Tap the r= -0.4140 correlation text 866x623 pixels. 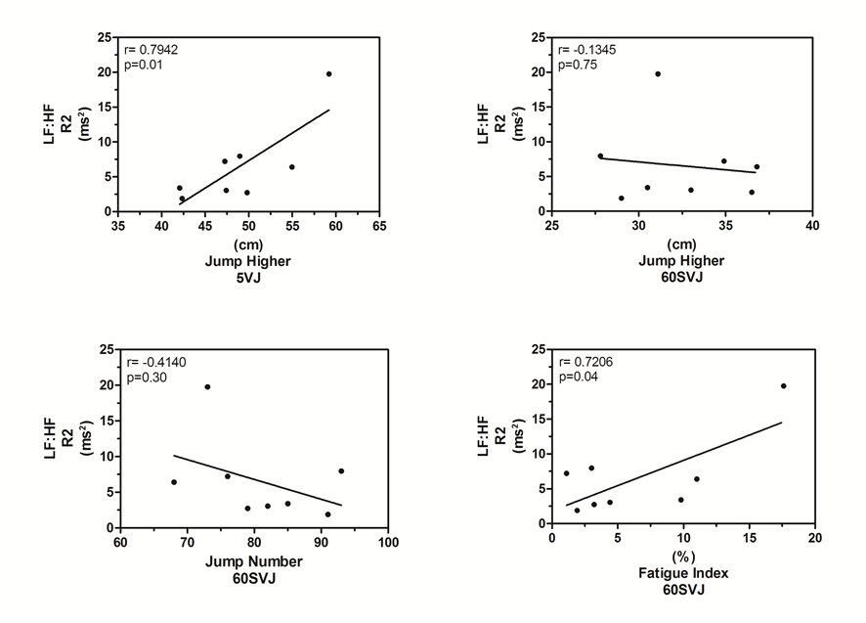tap(154, 362)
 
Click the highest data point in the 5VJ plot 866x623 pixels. tap(329, 74)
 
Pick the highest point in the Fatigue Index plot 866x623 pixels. tap(783, 385)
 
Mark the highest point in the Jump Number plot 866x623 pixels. tap(207, 387)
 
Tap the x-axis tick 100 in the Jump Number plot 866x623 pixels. tap(388, 542)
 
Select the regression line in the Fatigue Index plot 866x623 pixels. tap(674, 464)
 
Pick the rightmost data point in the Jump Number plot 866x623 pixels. tap(341, 470)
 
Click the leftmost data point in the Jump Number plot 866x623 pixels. tap(174, 482)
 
